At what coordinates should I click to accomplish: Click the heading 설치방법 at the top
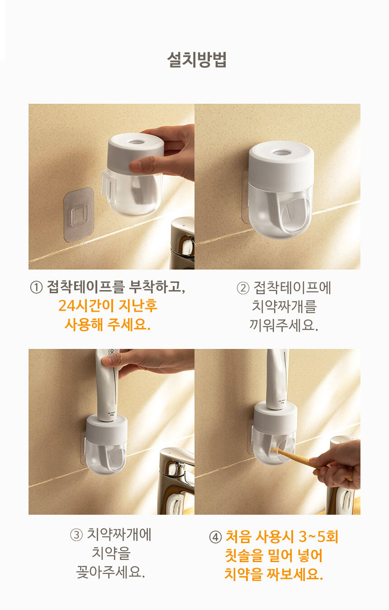[197, 59]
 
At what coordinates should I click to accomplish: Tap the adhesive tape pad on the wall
[79, 214]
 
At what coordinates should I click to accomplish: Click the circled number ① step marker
[36, 287]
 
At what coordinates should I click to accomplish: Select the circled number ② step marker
[243, 288]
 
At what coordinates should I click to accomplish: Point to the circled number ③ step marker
[76, 535]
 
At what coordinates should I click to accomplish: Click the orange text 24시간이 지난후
[108, 305]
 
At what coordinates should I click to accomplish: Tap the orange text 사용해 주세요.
[108, 324]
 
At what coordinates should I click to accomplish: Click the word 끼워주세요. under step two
[284, 325]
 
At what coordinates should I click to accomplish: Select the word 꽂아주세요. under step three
[110, 572]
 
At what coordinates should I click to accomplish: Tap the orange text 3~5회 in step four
[318, 537]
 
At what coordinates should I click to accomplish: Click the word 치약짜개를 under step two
[284, 306]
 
